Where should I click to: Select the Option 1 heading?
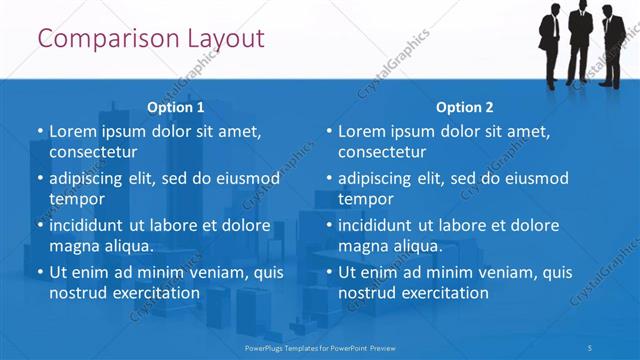(x=176, y=107)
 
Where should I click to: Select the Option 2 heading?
(x=465, y=107)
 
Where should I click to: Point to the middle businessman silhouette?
(x=581, y=40)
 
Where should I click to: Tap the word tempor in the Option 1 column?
(x=75, y=199)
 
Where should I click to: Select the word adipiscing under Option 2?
(x=376, y=178)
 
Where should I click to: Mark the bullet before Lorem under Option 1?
(x=40, y=132)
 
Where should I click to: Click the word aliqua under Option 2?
(x=419, y=246)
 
